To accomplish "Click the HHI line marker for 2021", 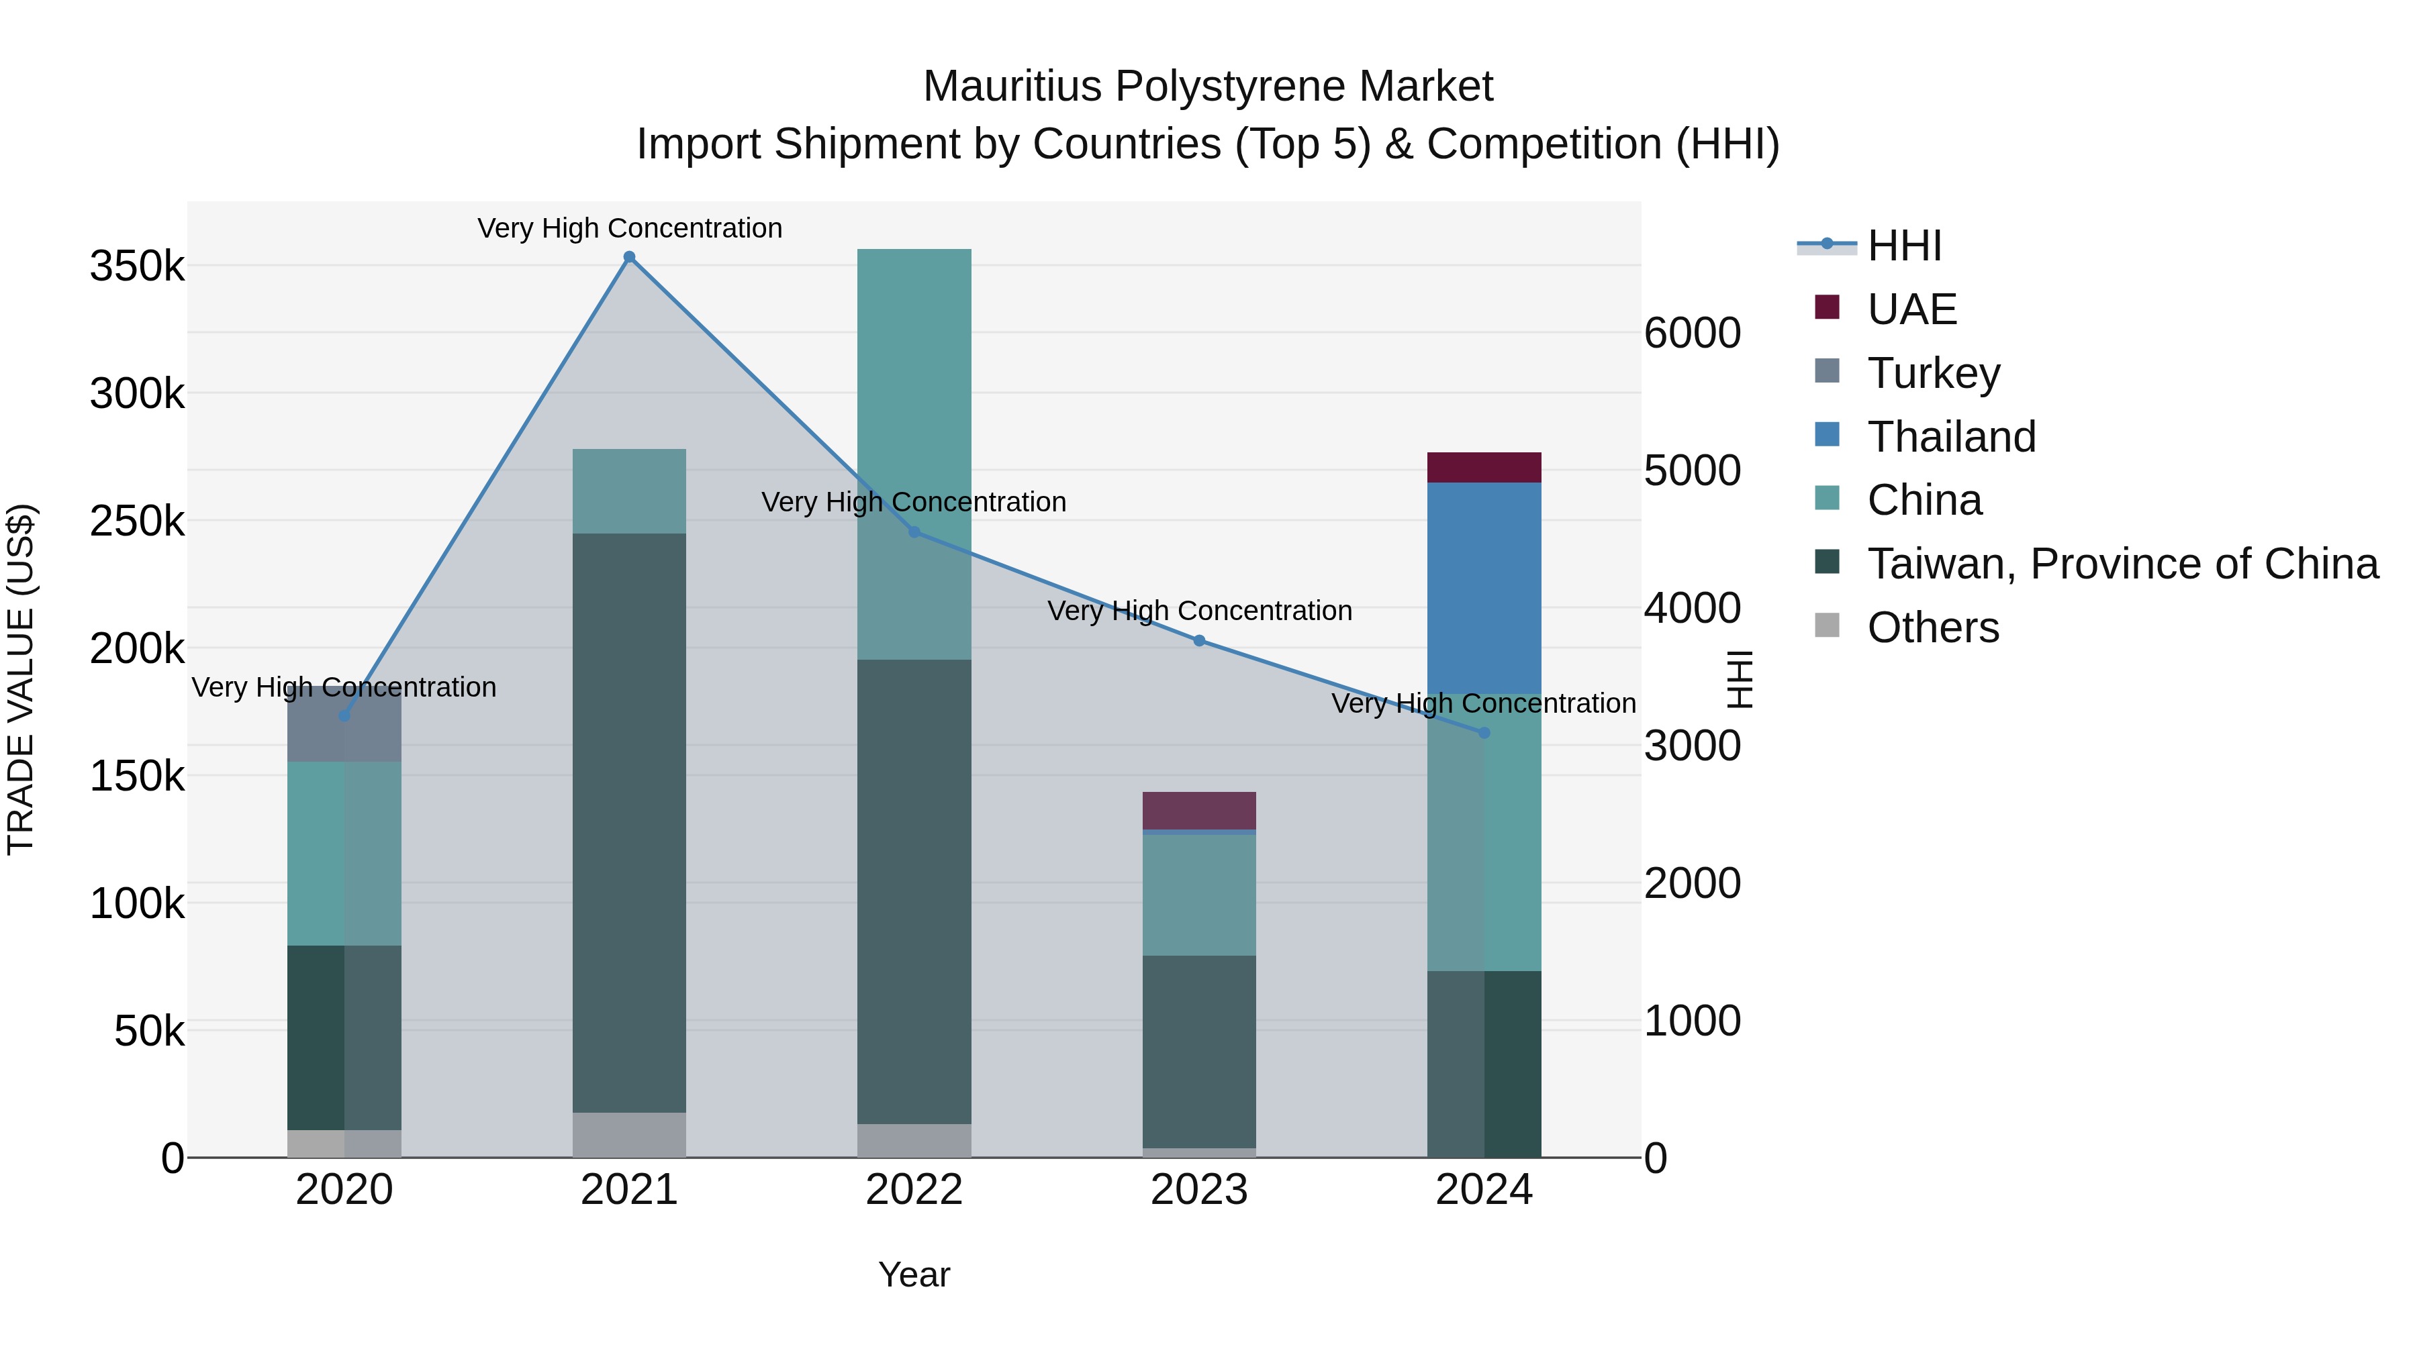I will tap(630, 257).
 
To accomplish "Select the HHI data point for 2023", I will tap(1199, 641).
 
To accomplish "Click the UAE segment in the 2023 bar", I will tap(1199, 810).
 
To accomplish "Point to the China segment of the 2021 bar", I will tap(630, 491).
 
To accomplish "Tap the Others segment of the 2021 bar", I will tap(630, 1134).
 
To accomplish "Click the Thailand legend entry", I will tap(1952, 437).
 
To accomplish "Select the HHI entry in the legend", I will tap(1905, 246).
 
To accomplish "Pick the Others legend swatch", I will tap(1827, 625).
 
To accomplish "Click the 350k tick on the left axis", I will tap(137, 266).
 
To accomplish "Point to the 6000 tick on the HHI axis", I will tap(1693, 333).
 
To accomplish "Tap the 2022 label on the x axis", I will tap(914, 1190).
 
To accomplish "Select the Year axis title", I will tap(914, 1274).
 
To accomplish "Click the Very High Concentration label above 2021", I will tap(630, 228).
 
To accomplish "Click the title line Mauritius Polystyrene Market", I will tap(1208, 87).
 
